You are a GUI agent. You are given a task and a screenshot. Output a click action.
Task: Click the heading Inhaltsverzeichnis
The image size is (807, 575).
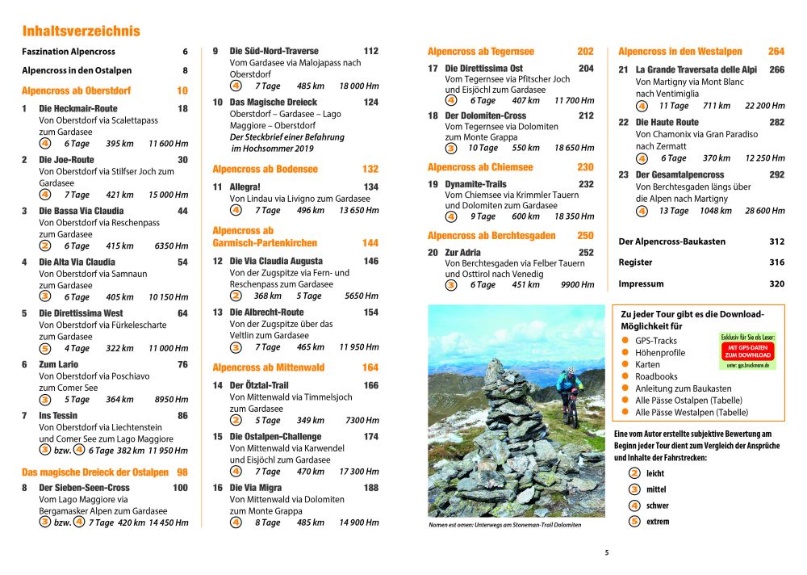[81, 31]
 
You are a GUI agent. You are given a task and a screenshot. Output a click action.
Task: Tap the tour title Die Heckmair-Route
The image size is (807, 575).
[78, 108]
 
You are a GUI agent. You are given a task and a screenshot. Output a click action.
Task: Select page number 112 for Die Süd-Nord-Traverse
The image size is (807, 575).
[370, 51]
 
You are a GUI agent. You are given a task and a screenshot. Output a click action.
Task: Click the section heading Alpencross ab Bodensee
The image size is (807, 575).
[265, 170]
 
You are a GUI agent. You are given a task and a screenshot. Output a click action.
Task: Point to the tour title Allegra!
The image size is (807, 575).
[245, 187]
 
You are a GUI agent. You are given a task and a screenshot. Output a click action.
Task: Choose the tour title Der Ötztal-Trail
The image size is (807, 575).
[259, 385]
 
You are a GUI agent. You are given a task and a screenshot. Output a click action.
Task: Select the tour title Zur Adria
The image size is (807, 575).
[464, 253]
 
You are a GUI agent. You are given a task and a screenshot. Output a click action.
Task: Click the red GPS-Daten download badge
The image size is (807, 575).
[747, 350]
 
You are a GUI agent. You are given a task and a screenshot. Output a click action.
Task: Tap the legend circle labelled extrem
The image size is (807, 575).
[634, 522]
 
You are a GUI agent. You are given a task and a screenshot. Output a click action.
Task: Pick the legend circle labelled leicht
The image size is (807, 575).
[634, 473]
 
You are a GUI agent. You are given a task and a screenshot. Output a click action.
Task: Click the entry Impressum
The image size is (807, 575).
[641, 284]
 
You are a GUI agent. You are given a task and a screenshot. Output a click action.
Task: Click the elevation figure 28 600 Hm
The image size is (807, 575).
[764, 211]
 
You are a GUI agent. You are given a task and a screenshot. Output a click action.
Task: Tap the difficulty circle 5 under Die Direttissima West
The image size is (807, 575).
[45, 349]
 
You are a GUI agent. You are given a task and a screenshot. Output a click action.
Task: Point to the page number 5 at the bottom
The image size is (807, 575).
[607, 553]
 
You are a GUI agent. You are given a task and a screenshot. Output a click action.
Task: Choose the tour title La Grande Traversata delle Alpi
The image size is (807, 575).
[698, 70]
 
